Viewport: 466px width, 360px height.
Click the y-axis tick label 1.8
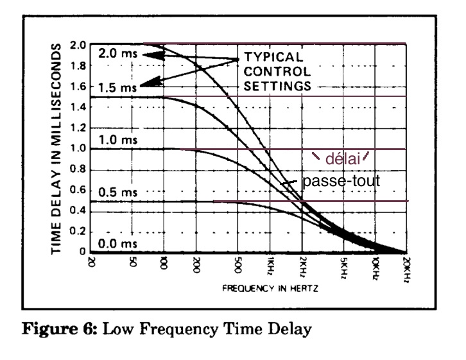click(x=78, y=65)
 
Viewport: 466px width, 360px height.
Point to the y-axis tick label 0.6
click(x=78, y=190)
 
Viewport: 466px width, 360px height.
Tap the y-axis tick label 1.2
click(x=78, y=128)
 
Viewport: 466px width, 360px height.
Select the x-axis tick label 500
click(x=238, y=264)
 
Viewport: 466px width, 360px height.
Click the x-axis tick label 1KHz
click(x=270, y=266)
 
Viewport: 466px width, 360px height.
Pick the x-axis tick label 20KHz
click(x=407, y=270)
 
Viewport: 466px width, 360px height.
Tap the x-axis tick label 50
click(x=133, y=262)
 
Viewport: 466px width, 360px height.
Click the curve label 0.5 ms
click(x=118, y=193)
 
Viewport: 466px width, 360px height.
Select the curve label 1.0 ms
click(x=118, y=140)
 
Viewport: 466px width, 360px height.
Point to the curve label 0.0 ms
click(x=117, y=244)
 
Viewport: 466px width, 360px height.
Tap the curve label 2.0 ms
click(x=118, y=53)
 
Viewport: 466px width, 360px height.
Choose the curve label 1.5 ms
click(x=117, y=88)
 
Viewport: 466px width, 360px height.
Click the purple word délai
click(x=343, y=159)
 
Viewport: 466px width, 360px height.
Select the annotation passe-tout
click(x=341, y=181)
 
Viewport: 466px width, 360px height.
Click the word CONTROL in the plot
click(x=277, y=72)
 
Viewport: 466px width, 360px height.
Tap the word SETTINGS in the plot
click(x=277, y=86)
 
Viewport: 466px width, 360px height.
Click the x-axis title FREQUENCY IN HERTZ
click(x=270, y=288)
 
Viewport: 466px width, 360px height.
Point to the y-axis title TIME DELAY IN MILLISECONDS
click(x=56, y=149)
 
